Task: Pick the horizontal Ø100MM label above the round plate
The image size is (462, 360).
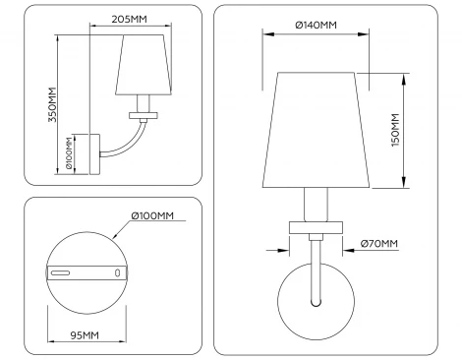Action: click(150, 215)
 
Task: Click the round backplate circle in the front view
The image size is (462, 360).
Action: click(316, 301)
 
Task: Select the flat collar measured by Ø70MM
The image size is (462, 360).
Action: click(316, 228)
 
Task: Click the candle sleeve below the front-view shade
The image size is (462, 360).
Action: click(316, 205)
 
